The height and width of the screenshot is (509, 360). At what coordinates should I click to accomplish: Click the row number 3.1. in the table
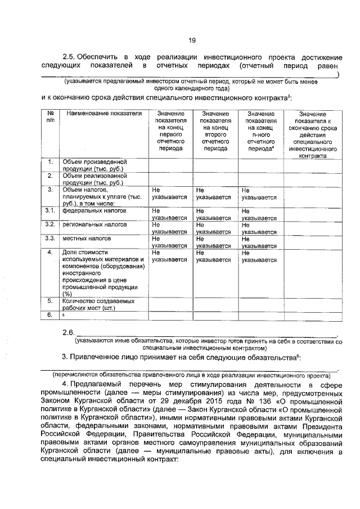point(50,211)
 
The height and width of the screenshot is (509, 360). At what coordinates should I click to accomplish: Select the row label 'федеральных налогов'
point(94,211)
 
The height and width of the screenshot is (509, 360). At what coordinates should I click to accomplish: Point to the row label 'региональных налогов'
point(94,225)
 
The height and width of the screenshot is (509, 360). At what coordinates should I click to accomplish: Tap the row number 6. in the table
point(50,316)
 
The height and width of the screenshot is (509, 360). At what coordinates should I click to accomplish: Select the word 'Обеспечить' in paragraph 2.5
point(97,57)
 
